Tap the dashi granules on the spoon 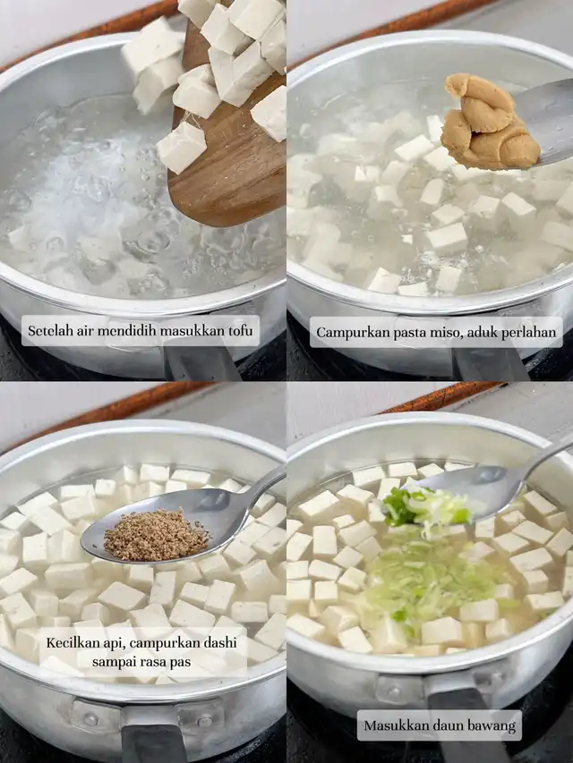pos(156,535)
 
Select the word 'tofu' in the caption pos(240,331)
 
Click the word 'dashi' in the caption pos(221,643)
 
